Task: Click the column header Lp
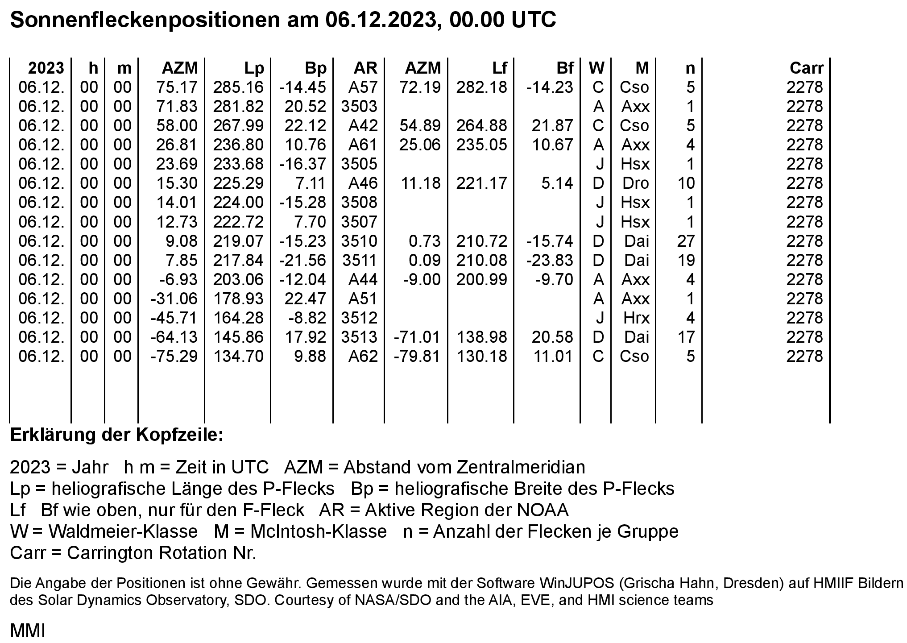pos(254,68)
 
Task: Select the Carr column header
pos(806,68)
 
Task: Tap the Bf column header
pos(564,68)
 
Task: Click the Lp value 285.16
pos(238,87)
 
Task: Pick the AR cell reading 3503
pos(359,106)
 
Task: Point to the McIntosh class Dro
pos(635,183)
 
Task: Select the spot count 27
pos(686,241)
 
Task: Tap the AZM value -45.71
pos(174,318)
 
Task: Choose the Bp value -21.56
pos(302,260)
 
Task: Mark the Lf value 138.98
pos(481,337)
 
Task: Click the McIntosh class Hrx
pos(636,318)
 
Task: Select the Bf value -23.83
pos(549,260)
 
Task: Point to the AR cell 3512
pos(359,318)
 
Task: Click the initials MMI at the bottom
pos(27,631)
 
